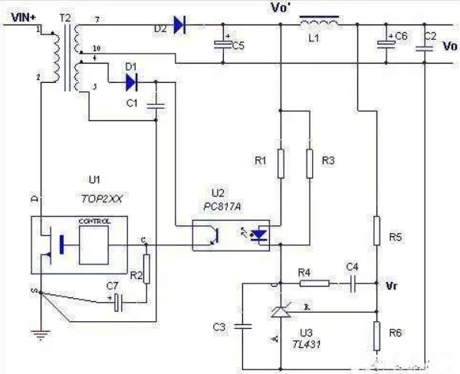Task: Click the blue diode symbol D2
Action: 179,25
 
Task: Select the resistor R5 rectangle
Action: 376,231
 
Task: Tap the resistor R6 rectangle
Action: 376,334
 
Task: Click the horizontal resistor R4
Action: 315,283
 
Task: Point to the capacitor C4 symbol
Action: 352,283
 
